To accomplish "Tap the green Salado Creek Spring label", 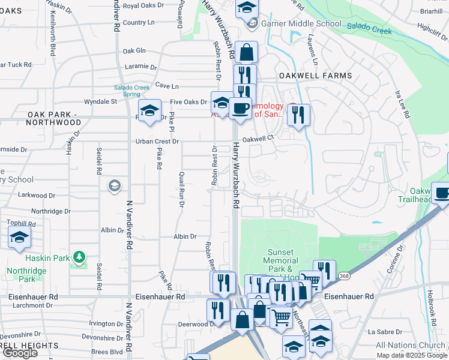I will click(x=131, y=91).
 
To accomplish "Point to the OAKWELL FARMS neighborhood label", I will click(x=315, y=75).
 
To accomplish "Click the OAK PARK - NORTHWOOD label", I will click(x=53, y=118).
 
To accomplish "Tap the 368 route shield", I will click(x=343, y=276).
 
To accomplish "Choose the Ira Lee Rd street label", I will click(x=400, y=103).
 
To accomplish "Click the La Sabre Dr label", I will click(x=380, y=331).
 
